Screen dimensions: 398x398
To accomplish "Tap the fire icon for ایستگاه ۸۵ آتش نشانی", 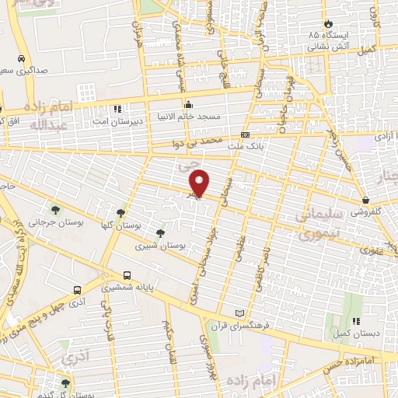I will pos(330,23).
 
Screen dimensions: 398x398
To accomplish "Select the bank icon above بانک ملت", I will pos(246,134).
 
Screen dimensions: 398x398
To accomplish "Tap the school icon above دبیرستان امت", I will pos(117,110).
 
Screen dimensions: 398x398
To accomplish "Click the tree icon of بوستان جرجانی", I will pos(55,209).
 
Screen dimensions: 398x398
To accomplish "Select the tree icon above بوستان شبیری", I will pos(160,232).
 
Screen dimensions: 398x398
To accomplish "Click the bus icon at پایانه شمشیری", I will pos(127,275).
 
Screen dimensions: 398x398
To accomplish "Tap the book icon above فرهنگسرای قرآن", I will pos(239,312).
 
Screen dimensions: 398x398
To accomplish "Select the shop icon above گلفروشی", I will pos(365,200).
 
